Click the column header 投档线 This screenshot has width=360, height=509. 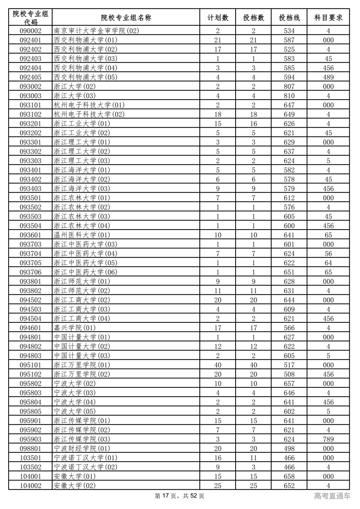[289, 18]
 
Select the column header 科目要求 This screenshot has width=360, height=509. [328, 18]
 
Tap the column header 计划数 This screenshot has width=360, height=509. [218, 18]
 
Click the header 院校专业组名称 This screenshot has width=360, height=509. [126, 18]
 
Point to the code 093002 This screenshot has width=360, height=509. [30, 87]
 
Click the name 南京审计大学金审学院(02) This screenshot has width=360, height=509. [96, 31]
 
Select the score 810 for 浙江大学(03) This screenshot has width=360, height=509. [289, 96]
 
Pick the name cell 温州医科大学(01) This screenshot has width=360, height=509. [82, 235]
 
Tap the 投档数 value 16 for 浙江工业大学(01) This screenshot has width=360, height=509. [253, 124]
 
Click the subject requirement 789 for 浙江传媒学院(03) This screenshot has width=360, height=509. [328, 439]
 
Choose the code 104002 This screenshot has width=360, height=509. [30, 486]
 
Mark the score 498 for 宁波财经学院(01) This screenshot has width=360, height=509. [289, 449]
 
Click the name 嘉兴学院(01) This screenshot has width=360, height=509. [75, 328]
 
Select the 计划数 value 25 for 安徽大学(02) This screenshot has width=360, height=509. [218, 486]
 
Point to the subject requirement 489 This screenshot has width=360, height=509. [328, 77]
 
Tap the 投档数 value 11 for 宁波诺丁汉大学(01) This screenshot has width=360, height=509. [253, 458]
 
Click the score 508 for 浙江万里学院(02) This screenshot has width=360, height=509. [289, 374]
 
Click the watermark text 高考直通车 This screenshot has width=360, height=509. [332, 496]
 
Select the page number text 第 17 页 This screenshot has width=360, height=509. [167, 496]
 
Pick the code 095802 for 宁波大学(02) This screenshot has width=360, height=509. [30, 384]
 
